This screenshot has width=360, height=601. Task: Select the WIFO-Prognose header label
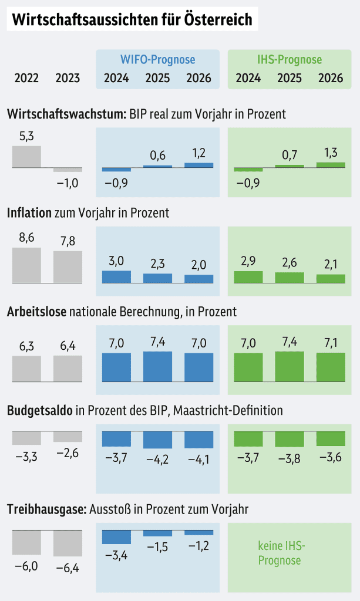tap(157, 60)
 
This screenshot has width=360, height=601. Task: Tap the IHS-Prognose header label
tap(290, 60)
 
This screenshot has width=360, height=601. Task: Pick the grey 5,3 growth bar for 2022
tap(26, 157)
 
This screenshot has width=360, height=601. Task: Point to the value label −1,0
tap(68, 183)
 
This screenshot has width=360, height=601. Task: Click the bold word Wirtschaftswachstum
tap(65, 114)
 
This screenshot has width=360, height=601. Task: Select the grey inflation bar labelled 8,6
tap(26, 265)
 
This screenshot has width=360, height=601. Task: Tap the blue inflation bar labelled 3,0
tap(116, 277)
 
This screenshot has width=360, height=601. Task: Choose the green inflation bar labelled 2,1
tap(331, 279)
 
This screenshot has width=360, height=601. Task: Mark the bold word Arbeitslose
tap(37, 311)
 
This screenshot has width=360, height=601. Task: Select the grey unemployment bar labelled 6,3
tap(26, 369)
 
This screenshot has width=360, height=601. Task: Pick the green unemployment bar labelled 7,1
tap(331, 367)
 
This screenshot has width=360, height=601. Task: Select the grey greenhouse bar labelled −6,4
tap(68, 543)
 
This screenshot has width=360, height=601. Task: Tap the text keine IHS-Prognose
tap(282, 553)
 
